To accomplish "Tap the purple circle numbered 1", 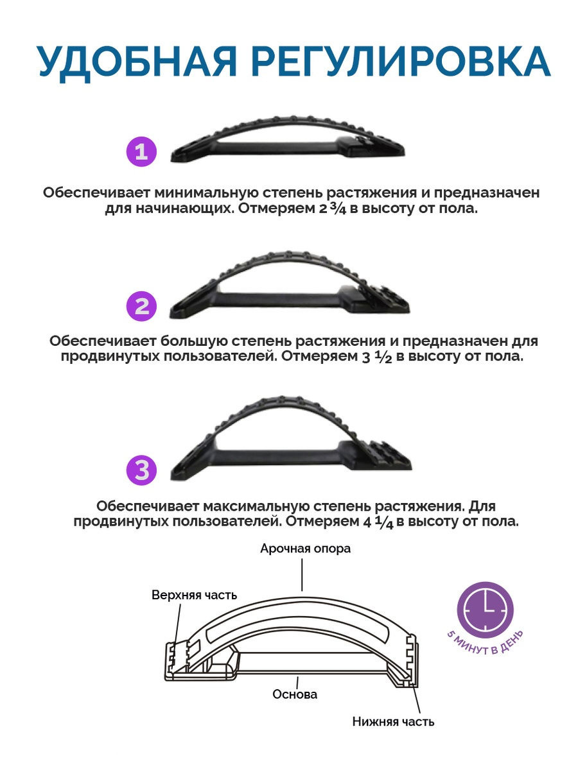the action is point(141,151).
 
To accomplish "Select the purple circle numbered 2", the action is point(141,306).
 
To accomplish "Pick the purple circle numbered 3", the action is point(141,470).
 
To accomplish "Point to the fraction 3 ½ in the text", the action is point(376,356).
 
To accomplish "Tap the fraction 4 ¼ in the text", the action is point(378,521).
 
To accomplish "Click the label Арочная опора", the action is point(305,549).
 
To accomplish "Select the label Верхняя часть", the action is point(195,595).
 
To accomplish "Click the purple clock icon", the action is point(485,610).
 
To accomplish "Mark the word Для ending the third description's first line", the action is point(482,507).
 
